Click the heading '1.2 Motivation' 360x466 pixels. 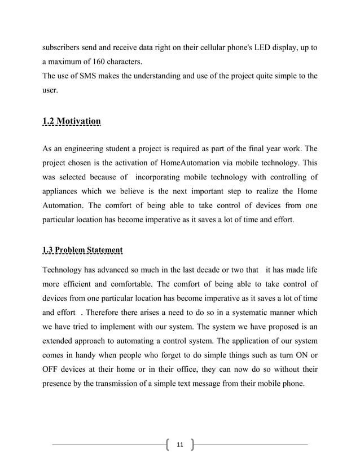pyautogui.click(x=72, y=121)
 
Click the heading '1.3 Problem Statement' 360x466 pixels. pyautogui.click(x=82, y=249)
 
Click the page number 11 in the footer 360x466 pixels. pyautogui.click(x=180, y=444)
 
